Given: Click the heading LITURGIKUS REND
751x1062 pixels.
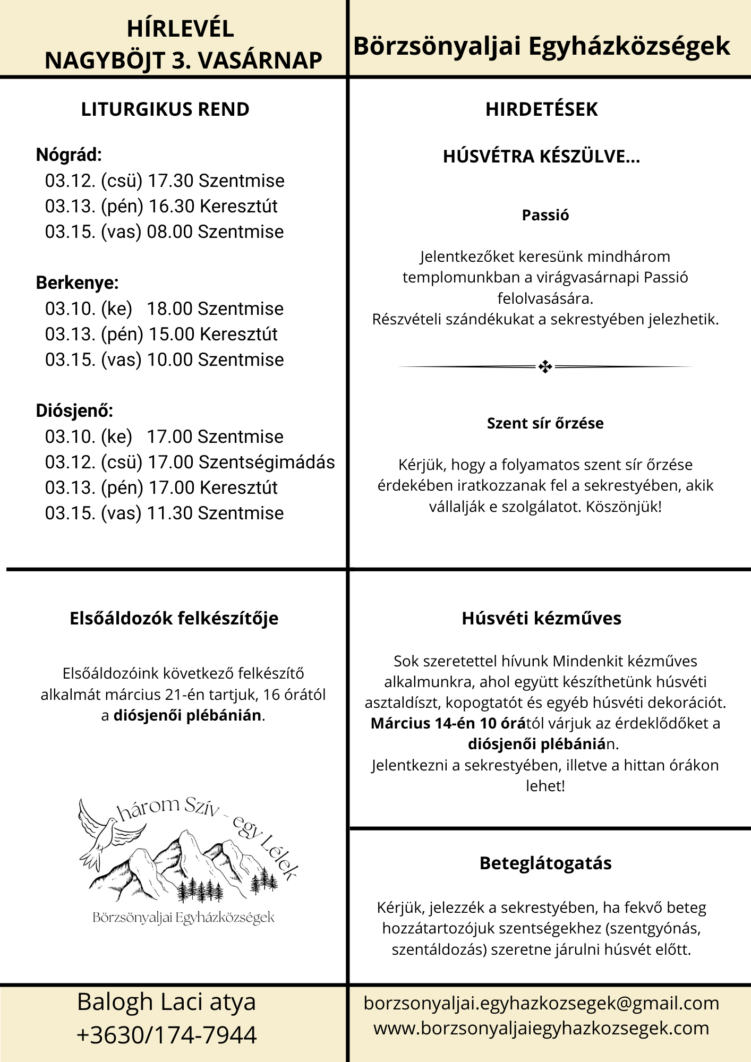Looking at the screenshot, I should click(x=165, y=109).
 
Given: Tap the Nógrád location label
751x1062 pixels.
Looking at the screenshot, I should click(x=69, y=155).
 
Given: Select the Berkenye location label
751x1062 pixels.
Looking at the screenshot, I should click(x=77, y=283).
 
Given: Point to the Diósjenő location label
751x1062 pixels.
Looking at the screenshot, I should click(x=74, y=411).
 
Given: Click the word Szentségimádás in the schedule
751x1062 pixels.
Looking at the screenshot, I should click(x=267, y=463).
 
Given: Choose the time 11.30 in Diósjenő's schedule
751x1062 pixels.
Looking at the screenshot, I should click(x=169, y=513).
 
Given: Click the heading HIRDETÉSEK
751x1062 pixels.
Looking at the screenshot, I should click(x=541, y=109).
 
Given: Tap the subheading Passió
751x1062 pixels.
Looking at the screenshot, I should click(x=545, y=215).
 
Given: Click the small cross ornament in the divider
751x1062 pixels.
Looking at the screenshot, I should click(x=545, y=366).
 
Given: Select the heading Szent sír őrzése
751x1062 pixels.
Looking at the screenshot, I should click(x=545, y=423).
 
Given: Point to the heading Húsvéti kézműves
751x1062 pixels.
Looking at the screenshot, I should click(x=541, y=619).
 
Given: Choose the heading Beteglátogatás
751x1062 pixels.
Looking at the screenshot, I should click(x=545, y=863).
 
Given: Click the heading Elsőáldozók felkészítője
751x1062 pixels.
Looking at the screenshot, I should click(x=174, y=619).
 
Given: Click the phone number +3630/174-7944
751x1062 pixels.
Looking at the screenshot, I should click(x=166, y=1035).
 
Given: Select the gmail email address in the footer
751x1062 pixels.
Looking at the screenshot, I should click(x=541, y=1004).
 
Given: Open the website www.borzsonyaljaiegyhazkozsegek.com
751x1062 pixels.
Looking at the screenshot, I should click(x=541, y=1029).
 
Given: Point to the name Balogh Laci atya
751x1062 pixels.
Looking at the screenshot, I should click(x=166, y=1003).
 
